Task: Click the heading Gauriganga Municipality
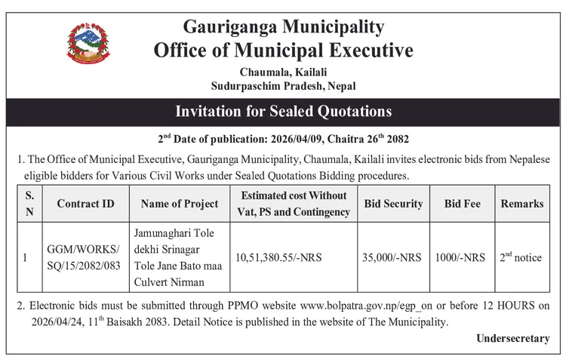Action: coord(284,27)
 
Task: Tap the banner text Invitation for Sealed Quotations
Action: coord(284,112)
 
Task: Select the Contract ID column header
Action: coord(86,204)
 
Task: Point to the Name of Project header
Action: coord(180,204)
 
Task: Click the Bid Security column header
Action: coord(393,204)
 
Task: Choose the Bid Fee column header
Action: coord(460,204)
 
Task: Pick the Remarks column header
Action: coord(521,204)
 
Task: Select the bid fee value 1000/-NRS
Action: coord(460,257)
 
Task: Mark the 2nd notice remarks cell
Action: coord(521,257)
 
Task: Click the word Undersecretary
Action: coord(513,339)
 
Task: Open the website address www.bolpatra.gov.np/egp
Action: coord(358,306)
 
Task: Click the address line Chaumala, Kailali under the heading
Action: coord(284,72)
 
